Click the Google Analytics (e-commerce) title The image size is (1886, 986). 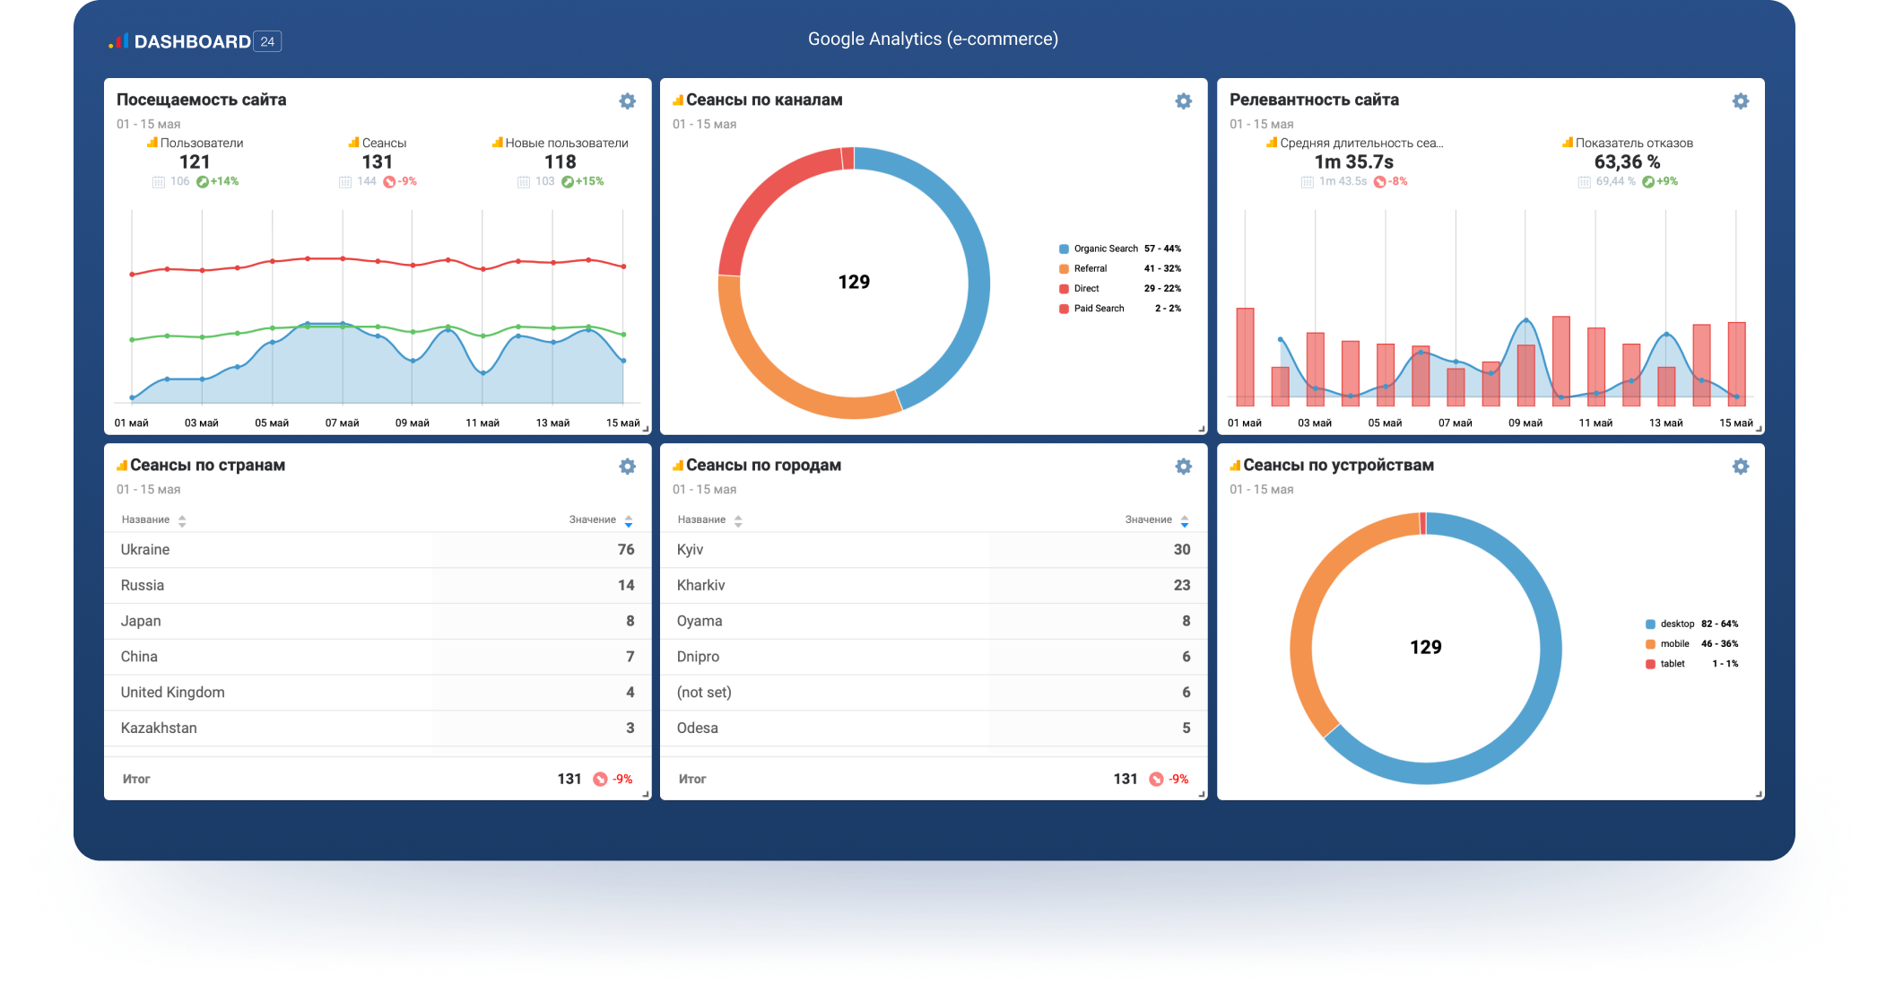pyautogui.click(x=933, y=39)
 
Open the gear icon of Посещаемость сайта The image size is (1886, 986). pyautogui.click(x=628, y=101)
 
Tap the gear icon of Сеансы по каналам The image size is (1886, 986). pyautogui.click(x=1184, y=101)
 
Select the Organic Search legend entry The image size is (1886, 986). pyautogui.click(x=1105, y=249)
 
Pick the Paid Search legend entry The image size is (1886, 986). pyautogui.click(x=1099, y=308)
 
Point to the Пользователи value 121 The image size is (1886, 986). pyautogui.click(x=195, y=161)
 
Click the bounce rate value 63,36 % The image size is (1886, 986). pyautogui.click(x=1627, y=161)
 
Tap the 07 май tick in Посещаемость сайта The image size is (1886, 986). pyautogui.click(x=342, y=423)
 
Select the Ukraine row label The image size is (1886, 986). pyautogui.click(x=145, y=549)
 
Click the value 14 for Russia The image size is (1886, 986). pyautogui.click(x=626, y=585)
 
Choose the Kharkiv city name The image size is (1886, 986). pyautogui.click(x=700, y=585)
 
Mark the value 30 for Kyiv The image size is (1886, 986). pyautogui.click(x=1182, y=549)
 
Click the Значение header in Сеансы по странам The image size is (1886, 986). pyautogui.click(x=593, y=519)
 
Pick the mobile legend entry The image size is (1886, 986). pyautogui.click(x=1673, y=643)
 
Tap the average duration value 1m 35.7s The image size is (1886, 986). pyautogui.click(x=1353, y=161)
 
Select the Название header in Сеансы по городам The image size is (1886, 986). pyautogui.click(x=701, y=519)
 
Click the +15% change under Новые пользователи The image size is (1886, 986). pyautogui.click(x=589, y=181)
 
